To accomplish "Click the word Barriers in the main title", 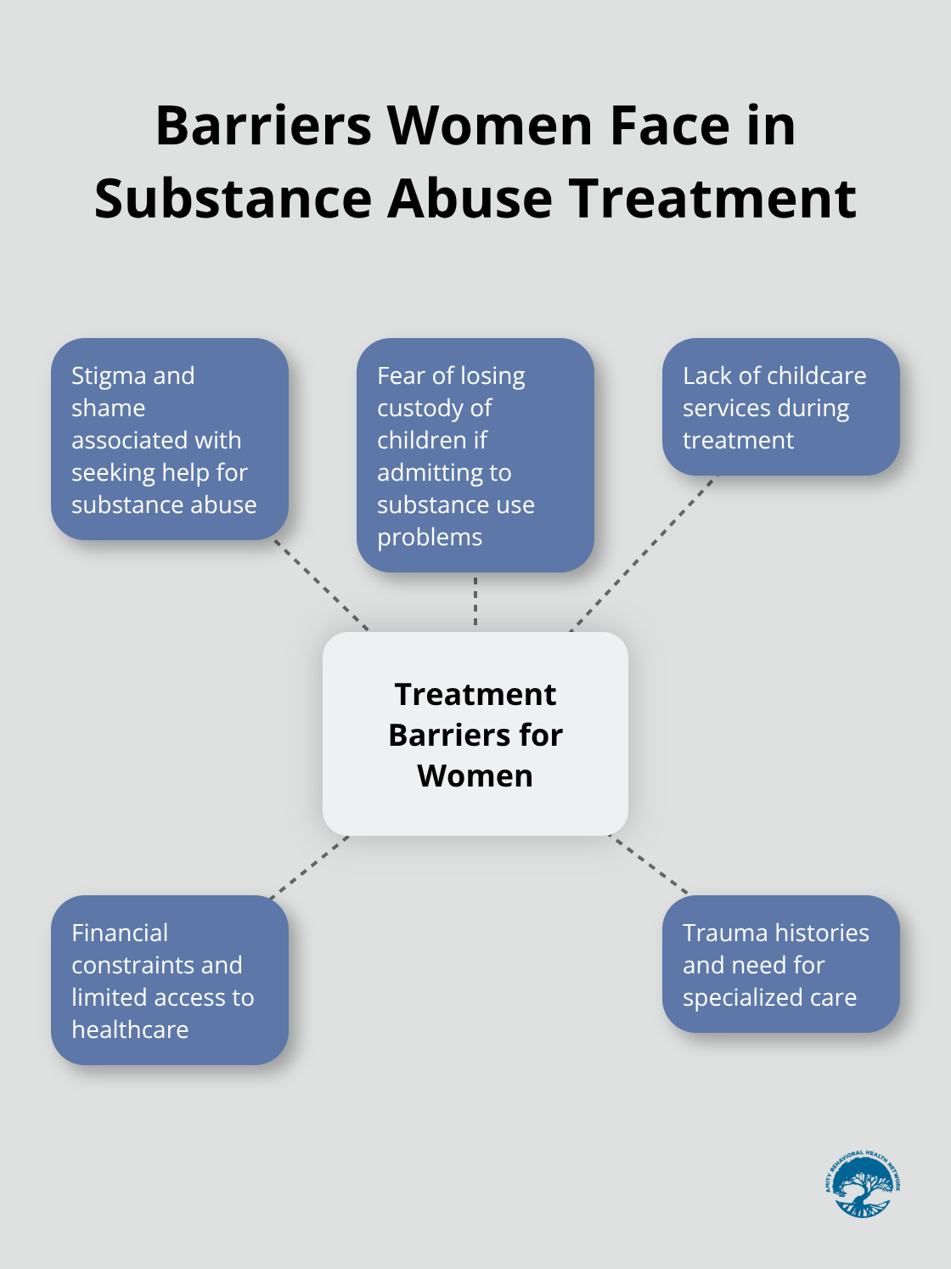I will tap(263, 126).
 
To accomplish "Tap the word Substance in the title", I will tap(233, 199).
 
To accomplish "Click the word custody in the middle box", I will tap(434, 408).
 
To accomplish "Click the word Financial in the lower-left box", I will tap(120, 933).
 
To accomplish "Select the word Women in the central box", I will tap(475, 775).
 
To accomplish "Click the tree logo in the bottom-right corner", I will tap(862, 1184).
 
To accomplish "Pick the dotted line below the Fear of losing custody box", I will tap(475, 601).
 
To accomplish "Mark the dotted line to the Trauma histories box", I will tap(650, 866).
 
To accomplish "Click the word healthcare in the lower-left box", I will tap(130, 1029).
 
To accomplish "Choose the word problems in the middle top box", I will tap(430, 537).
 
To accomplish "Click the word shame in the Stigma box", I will tap(108, 408).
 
